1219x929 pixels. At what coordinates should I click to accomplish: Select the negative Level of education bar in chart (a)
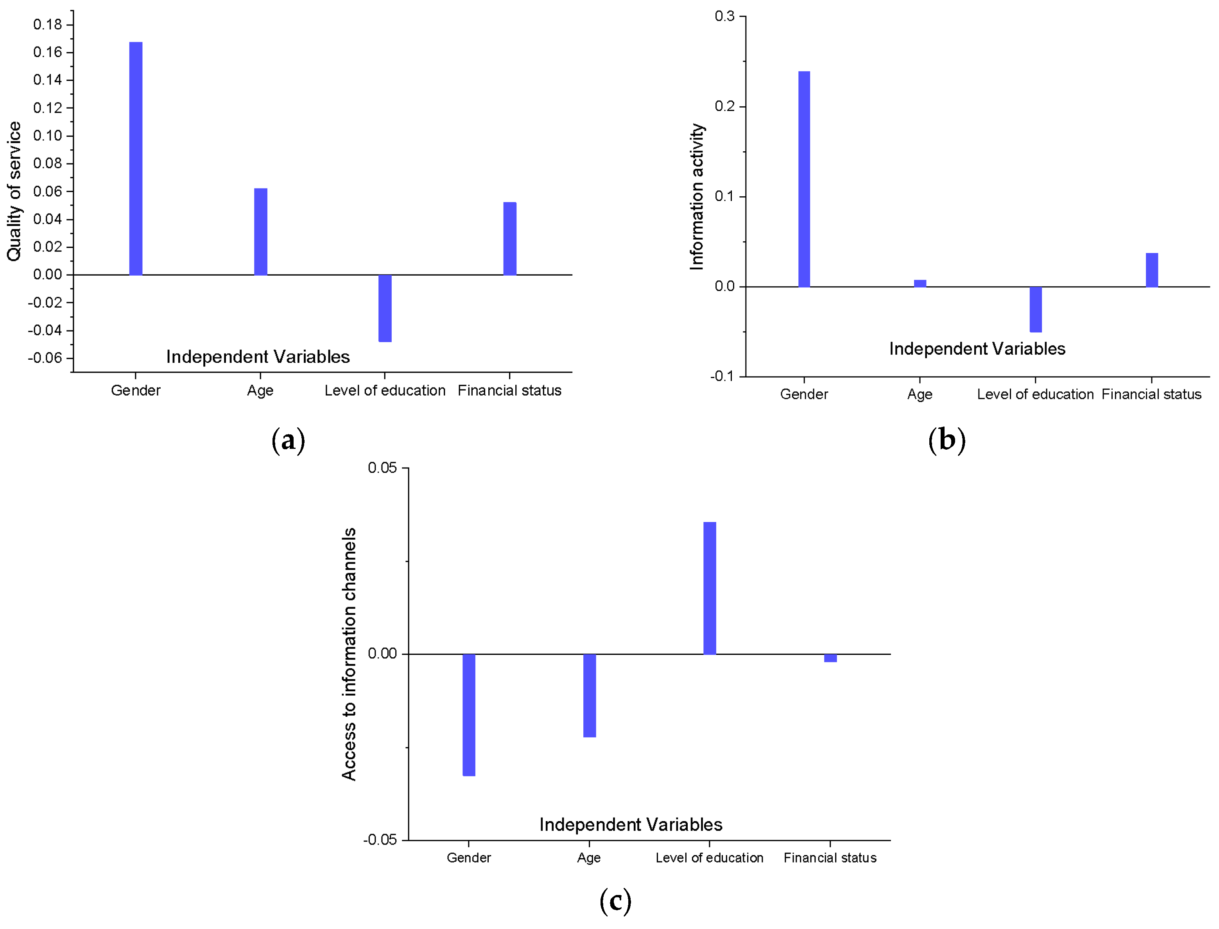point(385,308)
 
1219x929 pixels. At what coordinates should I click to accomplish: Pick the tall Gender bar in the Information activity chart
point(803,179)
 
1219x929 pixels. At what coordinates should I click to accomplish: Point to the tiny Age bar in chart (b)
point(920,283)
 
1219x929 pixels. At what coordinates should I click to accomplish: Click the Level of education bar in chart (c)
point(709,588)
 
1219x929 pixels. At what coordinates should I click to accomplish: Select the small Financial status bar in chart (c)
point(830,658)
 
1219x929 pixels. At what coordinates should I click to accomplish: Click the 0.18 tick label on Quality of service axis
point(48,24)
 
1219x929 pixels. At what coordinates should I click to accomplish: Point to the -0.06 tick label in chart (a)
point(45,358)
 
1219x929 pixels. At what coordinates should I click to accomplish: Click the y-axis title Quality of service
point(14,191)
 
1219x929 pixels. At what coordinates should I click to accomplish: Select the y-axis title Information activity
point(697,196)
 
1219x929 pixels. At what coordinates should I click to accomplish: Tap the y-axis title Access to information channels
point(349,654)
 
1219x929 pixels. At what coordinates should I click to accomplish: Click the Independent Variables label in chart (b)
point(977,348)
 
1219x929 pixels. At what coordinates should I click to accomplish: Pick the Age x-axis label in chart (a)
point(260,390)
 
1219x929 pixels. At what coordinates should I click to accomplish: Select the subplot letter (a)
point(288,440)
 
